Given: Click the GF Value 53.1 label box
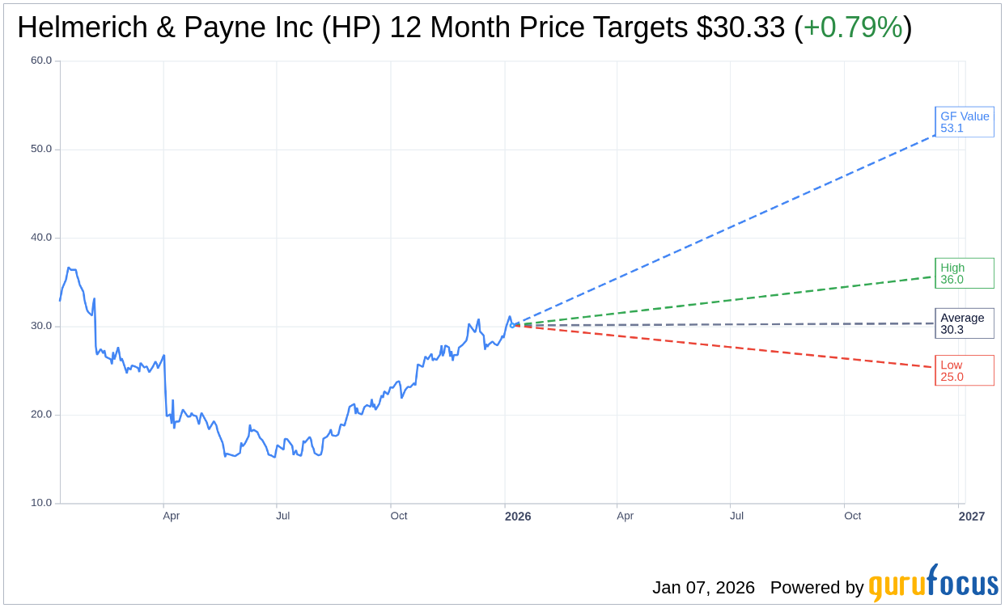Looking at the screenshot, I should (x=964, y=122).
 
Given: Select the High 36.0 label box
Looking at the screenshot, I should (x=964, y=273).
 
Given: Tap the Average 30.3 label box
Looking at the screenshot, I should (x=964, y=323).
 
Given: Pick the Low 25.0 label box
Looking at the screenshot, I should (x=964, y=370).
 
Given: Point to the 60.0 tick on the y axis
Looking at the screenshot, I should (x=41, y=61).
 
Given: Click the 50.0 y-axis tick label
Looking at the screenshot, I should (x=41, y=149).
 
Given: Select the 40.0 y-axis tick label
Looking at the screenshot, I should (x=41, y=238).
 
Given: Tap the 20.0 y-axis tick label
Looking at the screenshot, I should (x=41, y=415).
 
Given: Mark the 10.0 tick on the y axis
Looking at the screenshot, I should (x=41, y=503).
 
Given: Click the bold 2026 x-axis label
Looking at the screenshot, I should (x=518, y=516).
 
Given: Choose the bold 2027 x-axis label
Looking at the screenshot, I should (x=972, y=516).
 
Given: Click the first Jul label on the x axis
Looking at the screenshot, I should (x=283, y=516).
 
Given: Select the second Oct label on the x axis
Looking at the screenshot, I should (x=853, y=516).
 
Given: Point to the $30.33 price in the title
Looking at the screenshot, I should (x=740, y=28).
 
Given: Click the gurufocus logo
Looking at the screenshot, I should (x=933, y=583).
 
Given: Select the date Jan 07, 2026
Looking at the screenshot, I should (x=703, y=588).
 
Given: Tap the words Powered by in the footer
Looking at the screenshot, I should (x=816, y=588).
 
